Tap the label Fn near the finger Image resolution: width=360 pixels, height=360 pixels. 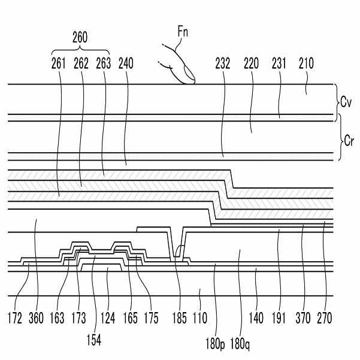(183, 32)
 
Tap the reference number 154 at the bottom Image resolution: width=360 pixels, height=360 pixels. (93, 340)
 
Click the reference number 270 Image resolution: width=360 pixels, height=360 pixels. (325, 318)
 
